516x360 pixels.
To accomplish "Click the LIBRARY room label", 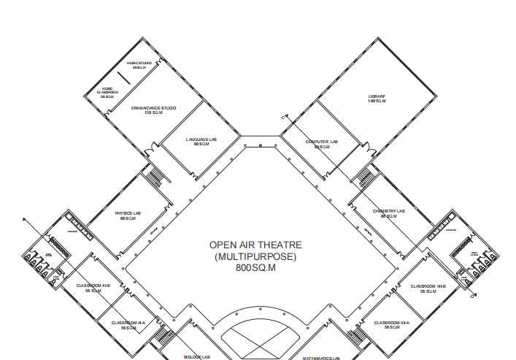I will point(377,96).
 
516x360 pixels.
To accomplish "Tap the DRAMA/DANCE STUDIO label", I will point(153,108).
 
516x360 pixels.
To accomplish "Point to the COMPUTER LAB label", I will point(322,142).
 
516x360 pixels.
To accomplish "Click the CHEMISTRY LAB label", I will point(388,211).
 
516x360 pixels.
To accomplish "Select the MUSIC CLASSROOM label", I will point(107,91).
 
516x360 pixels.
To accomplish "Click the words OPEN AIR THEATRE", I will point(255,245).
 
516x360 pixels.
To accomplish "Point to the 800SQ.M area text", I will point(255,268).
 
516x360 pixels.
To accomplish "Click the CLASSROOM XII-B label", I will point(423,286).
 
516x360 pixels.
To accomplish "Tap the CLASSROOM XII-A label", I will point(392,322).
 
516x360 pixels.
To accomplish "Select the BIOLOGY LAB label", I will point(196,357).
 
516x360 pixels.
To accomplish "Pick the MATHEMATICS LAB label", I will point(322,358).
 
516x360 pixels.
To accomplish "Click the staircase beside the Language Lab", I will point(155,176).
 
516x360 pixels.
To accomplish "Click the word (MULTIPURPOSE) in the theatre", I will point(255,257).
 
